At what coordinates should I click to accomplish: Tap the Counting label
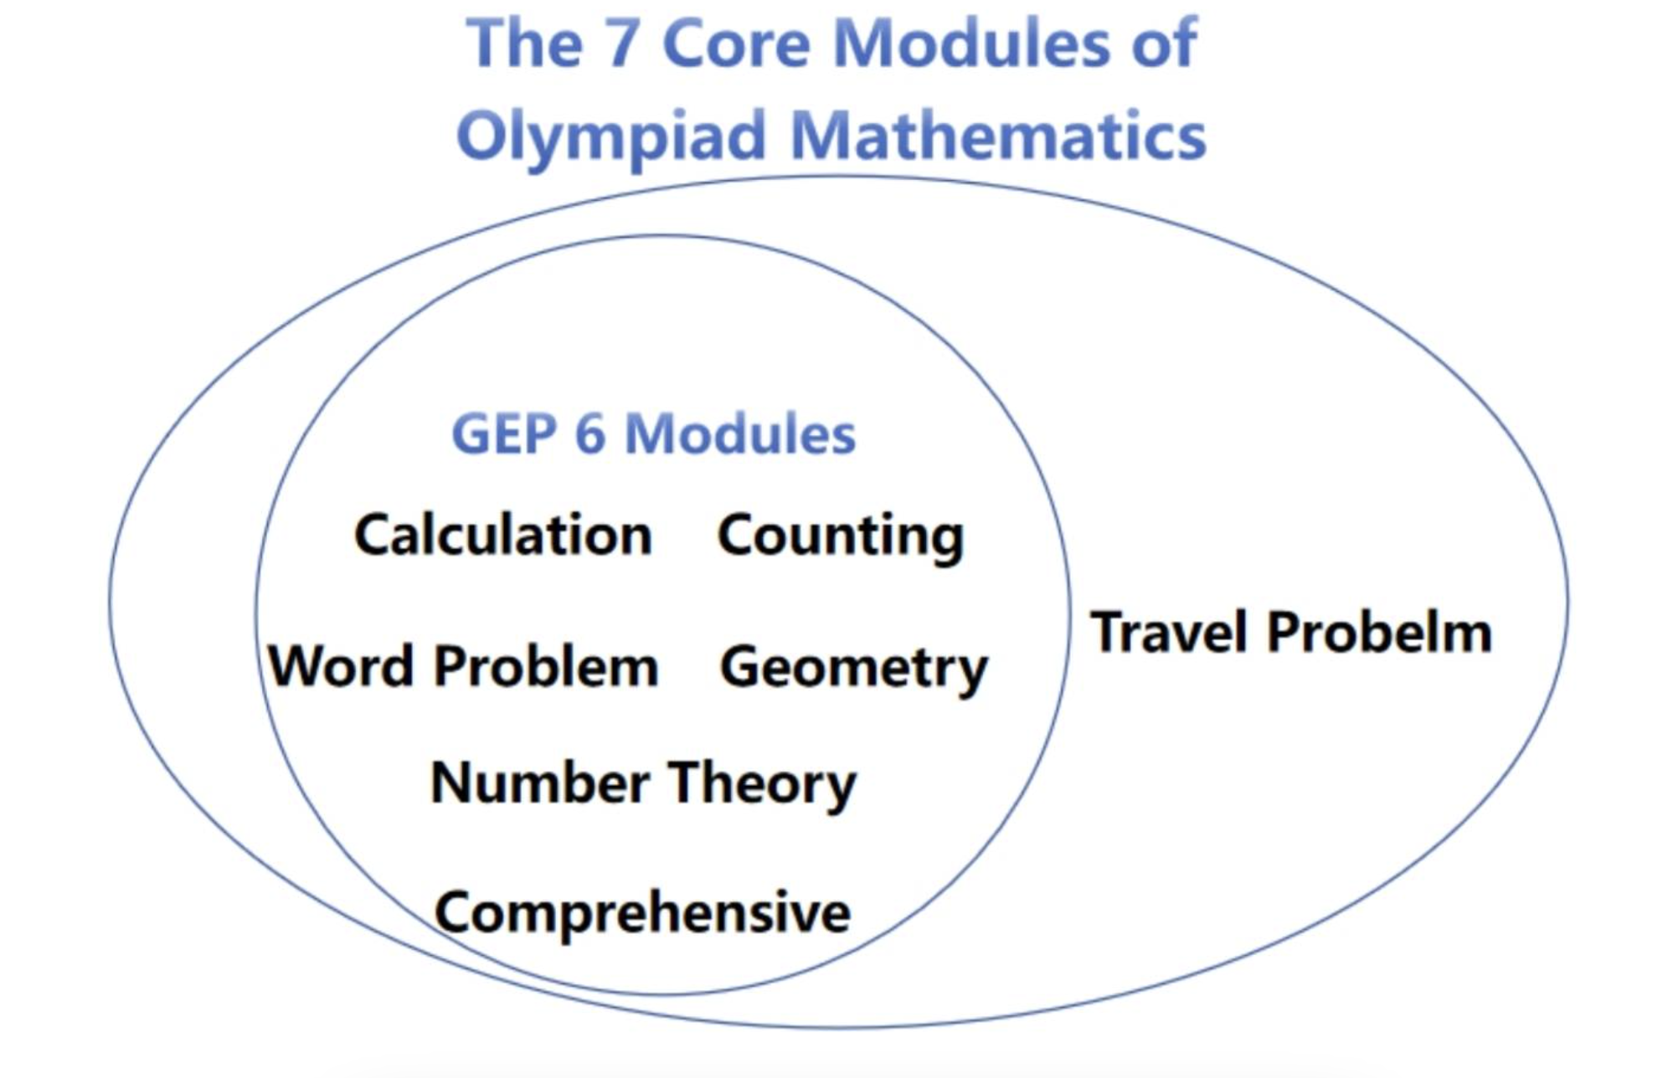point(841,538)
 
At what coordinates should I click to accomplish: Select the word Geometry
point(854,670)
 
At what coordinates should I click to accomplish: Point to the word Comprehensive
point(642,915)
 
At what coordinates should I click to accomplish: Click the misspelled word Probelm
point(1379,632)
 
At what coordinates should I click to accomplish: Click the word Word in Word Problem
point(342,666)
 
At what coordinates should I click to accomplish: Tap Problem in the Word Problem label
point(546,666)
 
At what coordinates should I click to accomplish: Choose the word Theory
point(762,786)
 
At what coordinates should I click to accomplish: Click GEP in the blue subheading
point(504,434)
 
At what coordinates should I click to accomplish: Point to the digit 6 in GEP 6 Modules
point(590,434)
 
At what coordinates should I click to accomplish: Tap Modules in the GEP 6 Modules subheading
point(740,434)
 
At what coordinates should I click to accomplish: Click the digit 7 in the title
point(623,44)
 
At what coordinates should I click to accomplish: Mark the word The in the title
point(524,44)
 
